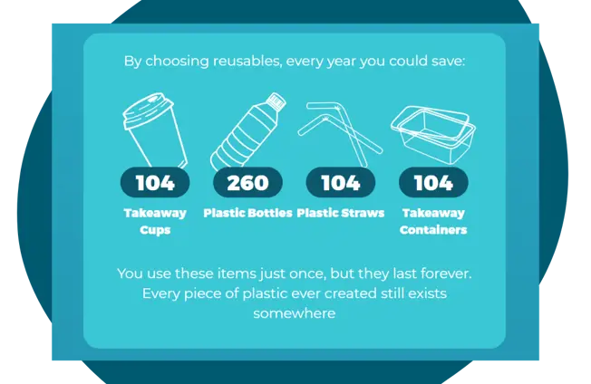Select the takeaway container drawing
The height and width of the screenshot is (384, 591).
tap(433, 134)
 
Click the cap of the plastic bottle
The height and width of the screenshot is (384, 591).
tap(276, 101)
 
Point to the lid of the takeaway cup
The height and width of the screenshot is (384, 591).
tap(148, 110)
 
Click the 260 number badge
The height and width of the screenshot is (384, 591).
tap(247, 182)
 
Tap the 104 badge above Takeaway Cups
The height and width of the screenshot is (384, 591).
tap(155, 182)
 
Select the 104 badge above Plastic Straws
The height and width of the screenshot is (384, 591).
tap(341, 182)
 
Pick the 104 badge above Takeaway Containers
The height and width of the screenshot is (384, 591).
tap(433, 182)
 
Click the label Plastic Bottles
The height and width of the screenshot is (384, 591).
tap(247, 213)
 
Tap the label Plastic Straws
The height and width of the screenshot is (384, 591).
tap(341, 213)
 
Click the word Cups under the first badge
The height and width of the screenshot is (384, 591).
tap(155, 230)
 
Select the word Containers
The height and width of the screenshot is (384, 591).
tap(433, 230)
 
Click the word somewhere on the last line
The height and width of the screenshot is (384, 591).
tap(295, 313)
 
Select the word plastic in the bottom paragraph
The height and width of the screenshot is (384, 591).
tap(266, 293)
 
